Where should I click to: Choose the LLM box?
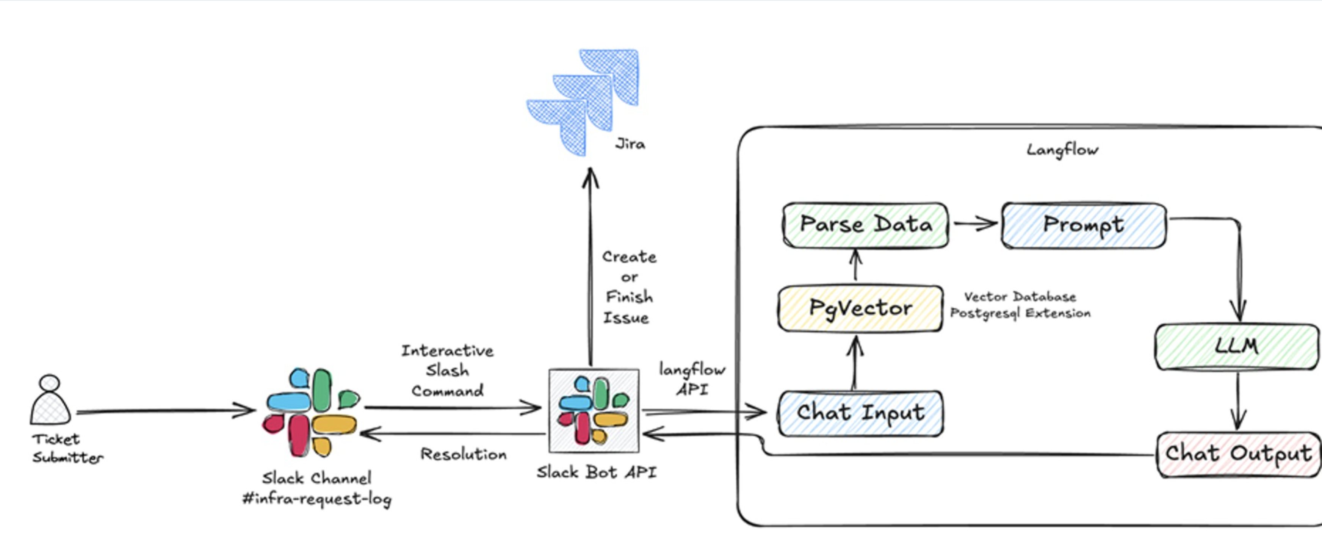(x=1237, y=347)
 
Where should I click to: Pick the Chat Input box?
(x=860, y=413)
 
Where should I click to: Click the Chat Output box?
(x=1238, y=454)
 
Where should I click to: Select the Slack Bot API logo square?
(x=594, y=411)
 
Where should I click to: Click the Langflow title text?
(x=1062, y=150)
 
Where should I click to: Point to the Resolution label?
(x=463, y=454)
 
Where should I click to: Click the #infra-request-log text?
(x=316, y=499)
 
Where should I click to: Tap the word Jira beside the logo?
(x=630, y=144)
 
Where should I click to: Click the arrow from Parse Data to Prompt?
(x=974, y=224)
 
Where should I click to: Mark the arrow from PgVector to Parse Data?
(x=855, y=266)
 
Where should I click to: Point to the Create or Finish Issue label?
(x=629, y=287)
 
